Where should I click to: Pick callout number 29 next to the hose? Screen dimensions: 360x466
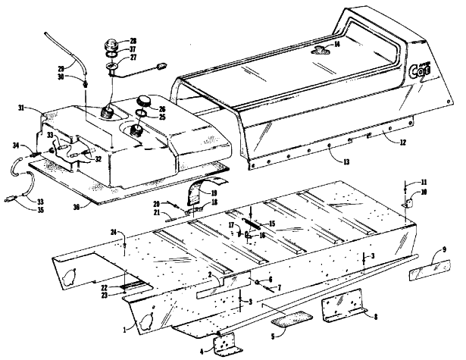coord(61,68)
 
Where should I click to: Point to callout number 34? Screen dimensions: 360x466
coord(16,145)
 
